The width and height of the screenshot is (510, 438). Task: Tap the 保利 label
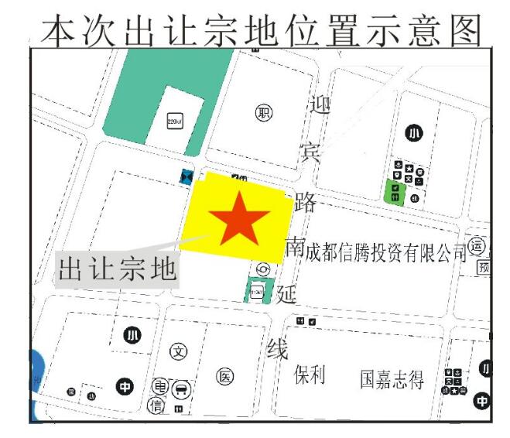point(310,376)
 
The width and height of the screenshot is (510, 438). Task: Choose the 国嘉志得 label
point(392,379)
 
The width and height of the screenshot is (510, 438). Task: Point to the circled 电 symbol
point(160,386)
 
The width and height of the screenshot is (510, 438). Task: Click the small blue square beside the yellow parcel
point(187,177)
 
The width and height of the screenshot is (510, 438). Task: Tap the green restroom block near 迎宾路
point(396,191)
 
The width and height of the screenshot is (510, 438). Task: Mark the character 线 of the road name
point(277,350)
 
